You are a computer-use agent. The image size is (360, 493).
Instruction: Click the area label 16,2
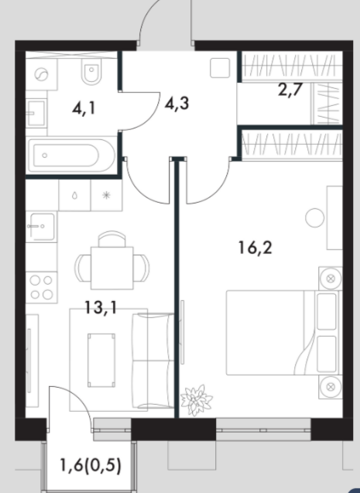255,248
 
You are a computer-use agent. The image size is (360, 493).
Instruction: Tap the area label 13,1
101,307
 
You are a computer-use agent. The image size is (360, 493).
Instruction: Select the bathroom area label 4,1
84,109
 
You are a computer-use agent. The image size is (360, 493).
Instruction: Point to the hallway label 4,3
177,103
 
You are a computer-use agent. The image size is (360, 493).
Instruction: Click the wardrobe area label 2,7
290,91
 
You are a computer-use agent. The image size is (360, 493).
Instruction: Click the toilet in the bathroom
91,71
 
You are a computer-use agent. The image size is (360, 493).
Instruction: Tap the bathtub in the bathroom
71,156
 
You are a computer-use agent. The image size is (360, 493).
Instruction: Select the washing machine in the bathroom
41,74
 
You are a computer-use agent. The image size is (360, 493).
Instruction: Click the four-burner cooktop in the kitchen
41,287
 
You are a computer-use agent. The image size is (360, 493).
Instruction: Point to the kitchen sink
41,226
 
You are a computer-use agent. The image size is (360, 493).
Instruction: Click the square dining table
112,268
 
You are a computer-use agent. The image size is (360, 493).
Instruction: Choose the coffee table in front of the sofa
101,361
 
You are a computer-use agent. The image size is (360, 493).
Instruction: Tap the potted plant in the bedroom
197,400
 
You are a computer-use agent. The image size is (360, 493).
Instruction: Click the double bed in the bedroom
284,333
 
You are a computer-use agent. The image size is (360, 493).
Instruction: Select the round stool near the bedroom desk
315,218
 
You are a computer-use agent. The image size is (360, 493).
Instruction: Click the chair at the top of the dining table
112,239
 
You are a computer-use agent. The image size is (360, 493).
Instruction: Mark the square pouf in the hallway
220,67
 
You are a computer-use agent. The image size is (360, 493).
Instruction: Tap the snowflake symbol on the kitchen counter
107,195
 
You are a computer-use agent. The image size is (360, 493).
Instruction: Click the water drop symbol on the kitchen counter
74,196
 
